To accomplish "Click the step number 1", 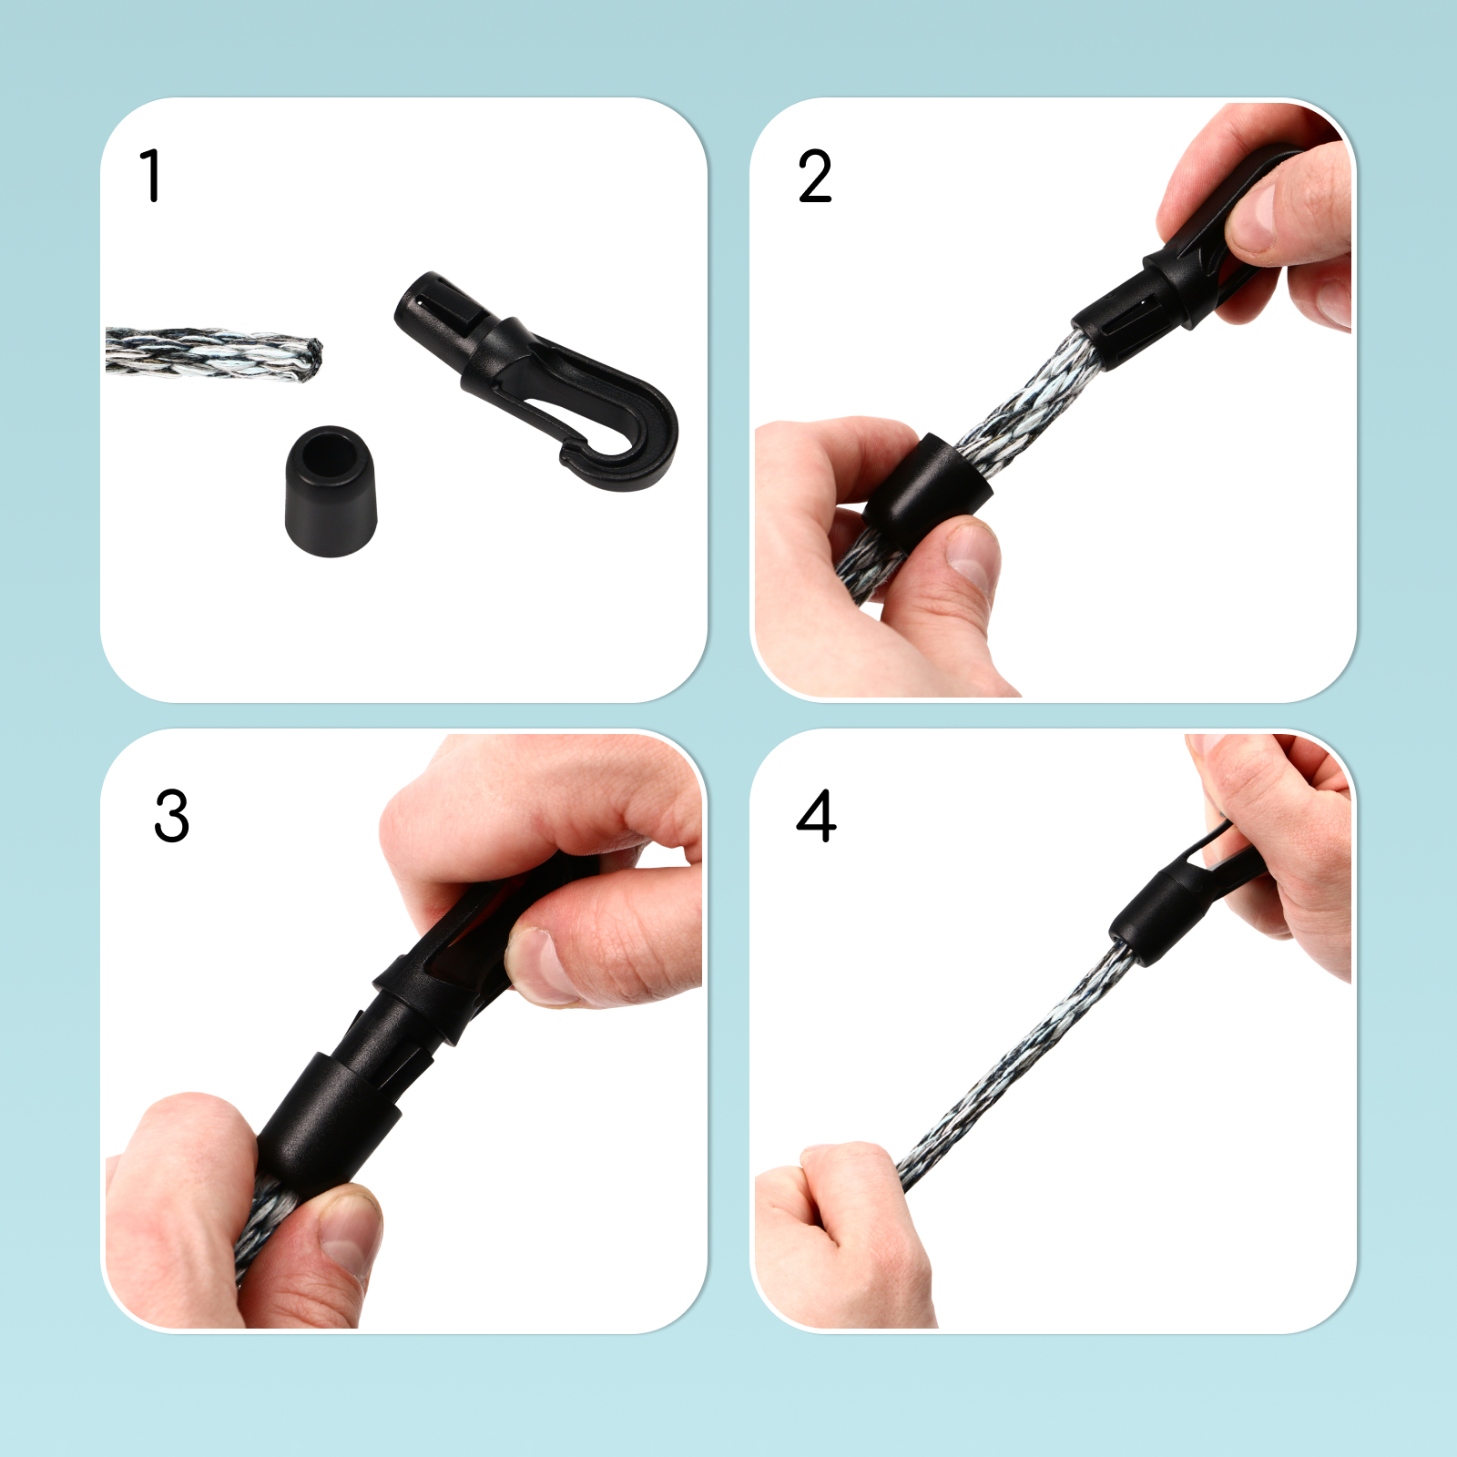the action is [151, 176].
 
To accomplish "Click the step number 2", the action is [815, 177].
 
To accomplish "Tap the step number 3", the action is [172, 816].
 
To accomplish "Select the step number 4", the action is [816, 816].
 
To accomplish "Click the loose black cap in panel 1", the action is [330, 491].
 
